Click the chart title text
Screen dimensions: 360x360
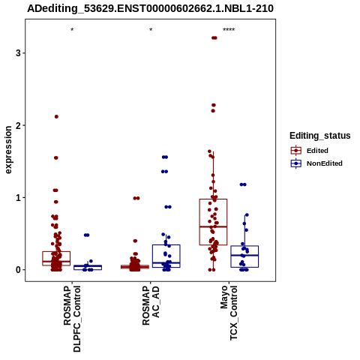click(150, 8)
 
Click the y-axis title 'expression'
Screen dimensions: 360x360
click(8, 150)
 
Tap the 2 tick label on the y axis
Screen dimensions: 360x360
click(18, 125)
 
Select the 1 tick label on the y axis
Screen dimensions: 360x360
click(18, 198)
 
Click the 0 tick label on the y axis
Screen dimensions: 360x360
click(18, 270)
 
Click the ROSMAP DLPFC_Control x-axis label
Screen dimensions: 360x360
click(72, 319)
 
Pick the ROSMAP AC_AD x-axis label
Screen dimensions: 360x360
click(151, 305)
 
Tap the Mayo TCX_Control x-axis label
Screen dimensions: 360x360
click(229, 313)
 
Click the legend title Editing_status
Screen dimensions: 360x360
click(320, 136)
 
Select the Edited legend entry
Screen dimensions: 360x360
click(310, 151)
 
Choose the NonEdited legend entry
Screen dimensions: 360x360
click(316, 163)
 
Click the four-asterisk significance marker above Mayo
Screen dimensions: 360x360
click(229, 30)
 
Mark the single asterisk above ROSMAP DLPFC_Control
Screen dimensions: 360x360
click(72, 30)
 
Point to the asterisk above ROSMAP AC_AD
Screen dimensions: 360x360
click(151, 30)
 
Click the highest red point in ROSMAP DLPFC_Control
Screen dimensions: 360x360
click(56, 116)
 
